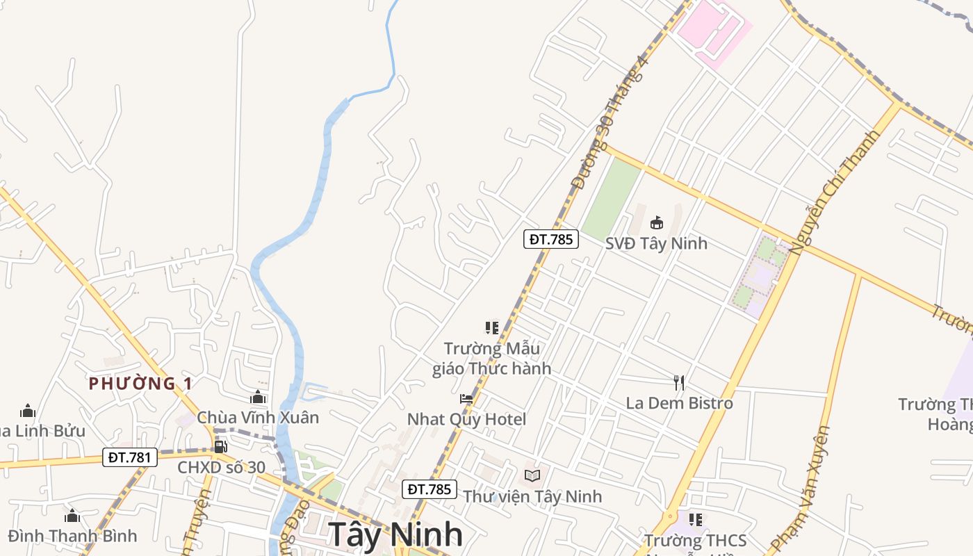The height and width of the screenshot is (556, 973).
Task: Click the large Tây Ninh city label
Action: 395,534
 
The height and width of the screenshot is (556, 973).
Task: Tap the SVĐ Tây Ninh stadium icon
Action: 656,222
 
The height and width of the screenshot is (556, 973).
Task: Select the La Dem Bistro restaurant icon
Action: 679,382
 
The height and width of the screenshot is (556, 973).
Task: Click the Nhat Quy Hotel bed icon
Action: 466,399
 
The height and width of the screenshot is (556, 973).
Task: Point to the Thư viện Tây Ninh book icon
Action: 532,475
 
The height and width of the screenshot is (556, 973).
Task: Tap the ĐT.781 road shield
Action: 130,457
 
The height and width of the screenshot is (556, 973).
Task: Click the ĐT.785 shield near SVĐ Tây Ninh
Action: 550,239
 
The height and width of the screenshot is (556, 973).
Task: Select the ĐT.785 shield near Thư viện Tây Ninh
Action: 430,489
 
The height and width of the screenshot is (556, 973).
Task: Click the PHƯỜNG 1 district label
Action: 140,383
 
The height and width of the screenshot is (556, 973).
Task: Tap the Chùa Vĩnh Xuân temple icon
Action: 258,397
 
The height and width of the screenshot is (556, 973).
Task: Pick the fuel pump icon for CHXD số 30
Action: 220,446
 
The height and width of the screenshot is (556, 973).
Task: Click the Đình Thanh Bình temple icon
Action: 72,516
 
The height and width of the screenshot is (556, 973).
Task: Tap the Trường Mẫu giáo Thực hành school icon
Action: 492,327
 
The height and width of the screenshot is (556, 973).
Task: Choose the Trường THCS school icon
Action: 695,519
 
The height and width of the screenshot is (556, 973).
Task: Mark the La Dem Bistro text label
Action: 679,403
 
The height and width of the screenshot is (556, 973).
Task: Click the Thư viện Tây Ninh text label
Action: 532,496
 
